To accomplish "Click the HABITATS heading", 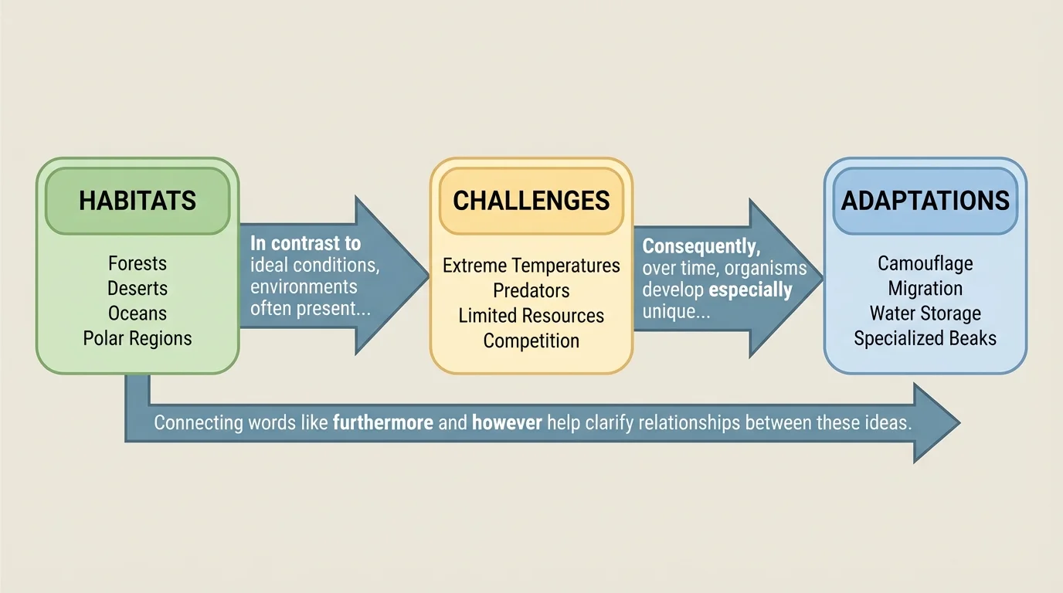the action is [138, 201].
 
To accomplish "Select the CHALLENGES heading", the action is [531, 201].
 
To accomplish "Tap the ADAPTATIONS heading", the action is [925, 201].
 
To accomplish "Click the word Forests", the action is [138, 263].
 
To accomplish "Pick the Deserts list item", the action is [138, 289].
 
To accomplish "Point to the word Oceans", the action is [138, 313].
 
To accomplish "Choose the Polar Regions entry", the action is [138, 339].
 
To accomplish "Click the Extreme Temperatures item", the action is [531, 266].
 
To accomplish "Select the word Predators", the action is [531, 291].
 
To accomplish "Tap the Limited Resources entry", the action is [531, 316].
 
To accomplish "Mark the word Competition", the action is [531, 341].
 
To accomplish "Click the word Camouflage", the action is [925, 264].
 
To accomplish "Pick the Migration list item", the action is [925, 289].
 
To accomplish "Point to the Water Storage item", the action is [925, 313].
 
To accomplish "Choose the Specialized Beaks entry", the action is [925, 339].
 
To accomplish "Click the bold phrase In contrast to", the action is [306, 243].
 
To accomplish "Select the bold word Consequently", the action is [701, 246].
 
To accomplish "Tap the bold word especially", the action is [750, 290].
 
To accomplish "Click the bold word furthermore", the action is [383, 422].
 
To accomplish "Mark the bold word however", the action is [507, 422].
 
